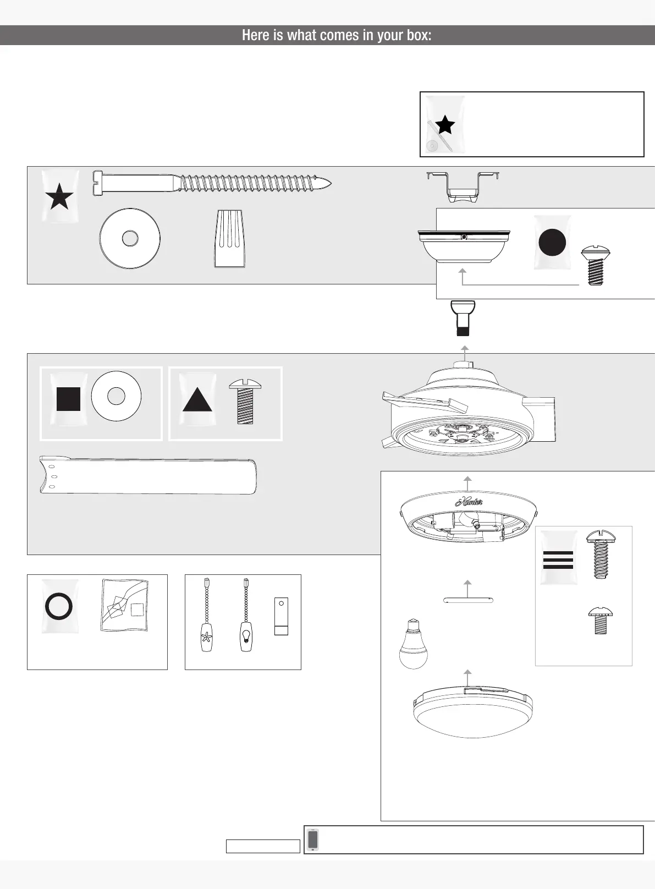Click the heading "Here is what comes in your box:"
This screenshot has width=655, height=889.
[x=336, y=35]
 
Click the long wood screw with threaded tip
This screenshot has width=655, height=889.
[x=212, y=182]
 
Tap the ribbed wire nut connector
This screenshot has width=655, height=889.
[x=229, y=239]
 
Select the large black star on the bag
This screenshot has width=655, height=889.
[x=59, y=197]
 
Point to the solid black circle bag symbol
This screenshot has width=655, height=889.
[x=552, y=242]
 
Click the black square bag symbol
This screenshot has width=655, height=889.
[x=68, y=399]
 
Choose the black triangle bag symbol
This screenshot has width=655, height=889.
[x=197, y=399]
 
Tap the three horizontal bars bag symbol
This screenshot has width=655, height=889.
[x=558, y=559]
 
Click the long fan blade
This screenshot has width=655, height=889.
[x=147, y=475]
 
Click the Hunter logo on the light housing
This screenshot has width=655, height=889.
[x=469, y=502]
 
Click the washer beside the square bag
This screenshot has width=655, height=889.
[x=116, y=396]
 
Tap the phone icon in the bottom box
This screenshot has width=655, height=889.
[x=313, y=839]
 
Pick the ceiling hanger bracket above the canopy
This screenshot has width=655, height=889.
[x=463, y=186]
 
